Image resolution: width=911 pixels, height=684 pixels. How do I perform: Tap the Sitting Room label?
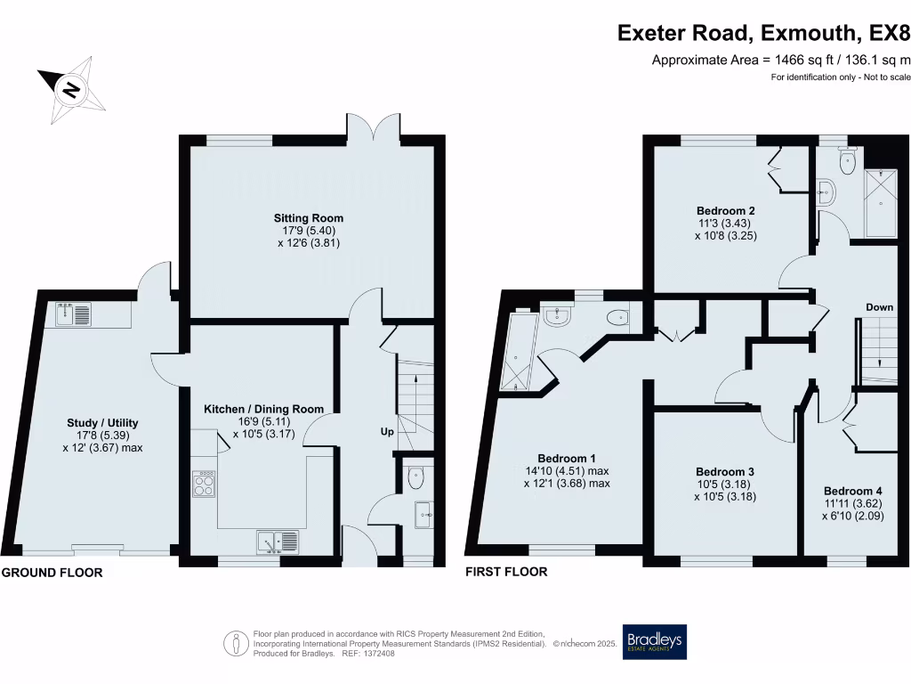(x=309, y=218)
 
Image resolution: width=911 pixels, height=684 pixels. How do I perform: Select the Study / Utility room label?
(x=102, y=423)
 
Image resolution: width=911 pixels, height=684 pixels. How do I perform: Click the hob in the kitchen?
(x=204, y=484)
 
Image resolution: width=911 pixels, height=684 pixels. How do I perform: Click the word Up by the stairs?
(x=387, y=431)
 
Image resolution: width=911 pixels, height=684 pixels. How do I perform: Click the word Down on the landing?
(x=879, y=307)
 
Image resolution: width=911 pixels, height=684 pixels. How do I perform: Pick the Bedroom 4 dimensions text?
(x=852, y=509)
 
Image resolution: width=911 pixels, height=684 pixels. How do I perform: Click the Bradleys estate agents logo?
(x=655, y=640)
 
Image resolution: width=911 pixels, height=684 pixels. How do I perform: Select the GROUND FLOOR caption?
(x=52, y=573)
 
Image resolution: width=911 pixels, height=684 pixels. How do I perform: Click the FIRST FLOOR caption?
(x=506, y=572)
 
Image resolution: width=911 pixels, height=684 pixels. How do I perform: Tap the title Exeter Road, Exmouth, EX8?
(x=764, y=34)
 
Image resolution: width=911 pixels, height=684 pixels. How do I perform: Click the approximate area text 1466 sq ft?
(x=781, y=61)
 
